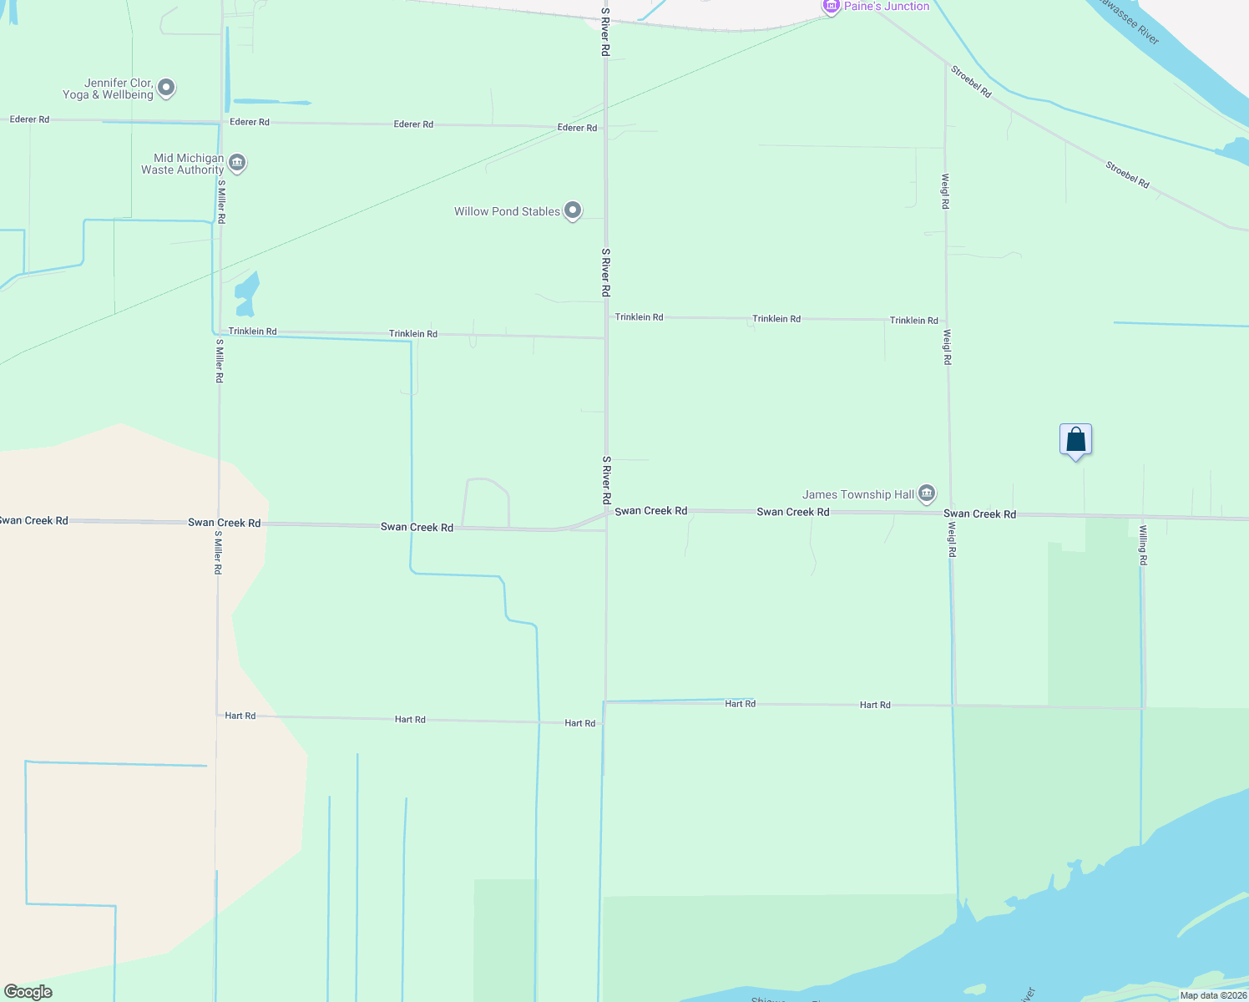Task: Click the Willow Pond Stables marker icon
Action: tap(573, 210)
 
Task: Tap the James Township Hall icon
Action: tap(926, 493)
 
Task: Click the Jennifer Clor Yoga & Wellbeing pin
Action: tap(166, 87)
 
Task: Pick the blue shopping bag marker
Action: tap(1075, 440)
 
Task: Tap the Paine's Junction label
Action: tap(886, 7)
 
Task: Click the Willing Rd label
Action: tap(1143, 544)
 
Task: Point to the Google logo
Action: tap(28, 992)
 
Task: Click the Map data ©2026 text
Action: tap(1213, 995)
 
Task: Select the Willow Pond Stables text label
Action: tap(507, 211)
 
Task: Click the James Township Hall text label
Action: tap(858, 494)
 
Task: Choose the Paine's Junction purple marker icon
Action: tap(831, 7)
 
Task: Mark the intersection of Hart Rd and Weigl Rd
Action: tap(954, 706)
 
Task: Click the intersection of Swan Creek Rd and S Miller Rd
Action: tap(220, 522)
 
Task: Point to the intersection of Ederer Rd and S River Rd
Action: tap(605, 128)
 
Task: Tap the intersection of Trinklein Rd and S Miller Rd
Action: tap(220, 331)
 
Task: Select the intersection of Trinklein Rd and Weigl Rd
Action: tap(947, 320)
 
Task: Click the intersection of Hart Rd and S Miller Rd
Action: tap(218, 716)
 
